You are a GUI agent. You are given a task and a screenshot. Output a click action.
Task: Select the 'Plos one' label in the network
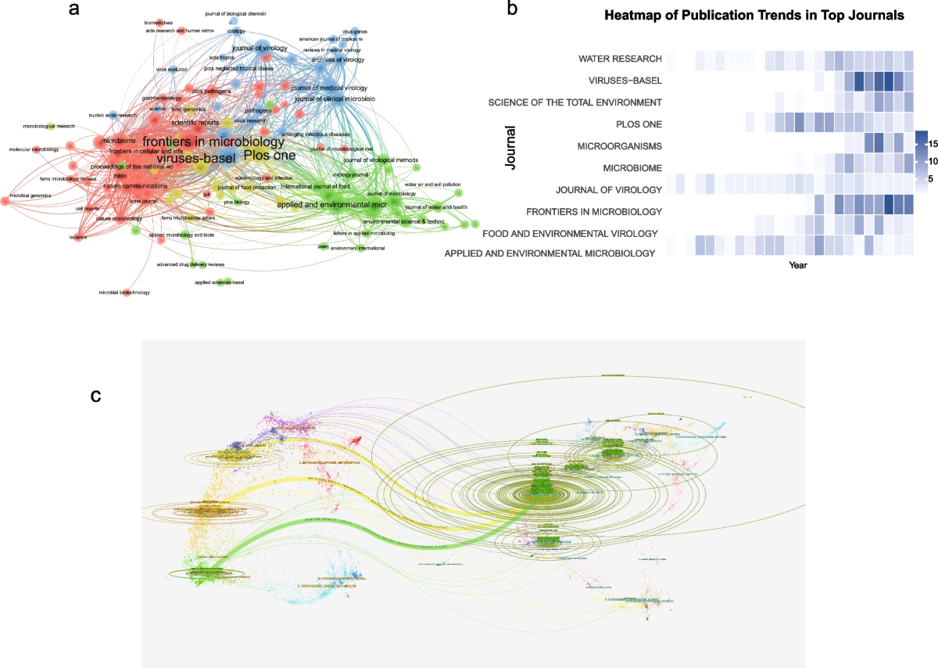270,155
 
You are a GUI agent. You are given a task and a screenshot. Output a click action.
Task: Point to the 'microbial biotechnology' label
124,293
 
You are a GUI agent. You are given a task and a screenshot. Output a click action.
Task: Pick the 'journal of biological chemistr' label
235,13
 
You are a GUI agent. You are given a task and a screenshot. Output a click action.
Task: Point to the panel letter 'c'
95,396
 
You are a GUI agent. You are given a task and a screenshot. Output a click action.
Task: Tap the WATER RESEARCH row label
620,59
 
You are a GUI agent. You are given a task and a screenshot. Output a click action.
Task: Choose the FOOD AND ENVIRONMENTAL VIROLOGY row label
570,233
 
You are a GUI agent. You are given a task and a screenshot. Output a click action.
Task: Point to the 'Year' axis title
798,265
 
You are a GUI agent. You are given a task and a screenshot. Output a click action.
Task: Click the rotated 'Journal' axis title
510,150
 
